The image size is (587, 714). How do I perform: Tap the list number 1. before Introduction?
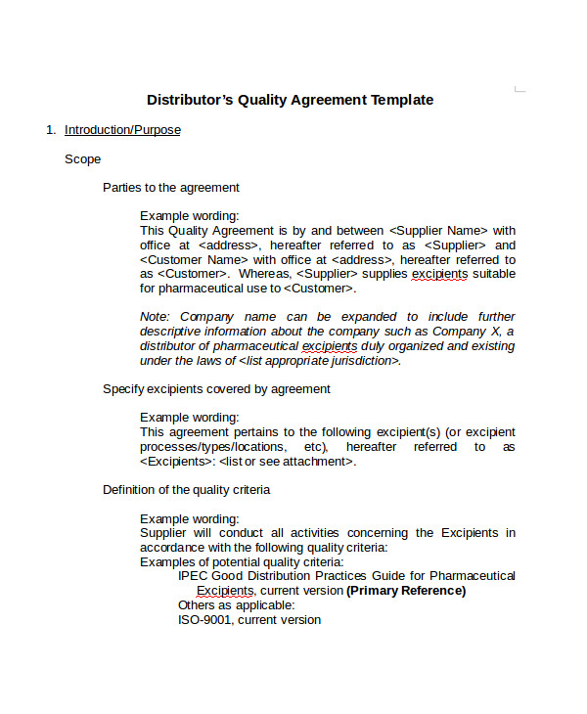[x=51, y=130]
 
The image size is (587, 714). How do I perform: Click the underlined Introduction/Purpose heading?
[x=122, y=130]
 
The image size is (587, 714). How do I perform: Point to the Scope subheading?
[x=82, y=158]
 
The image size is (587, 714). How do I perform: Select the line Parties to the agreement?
[x=171, y=188]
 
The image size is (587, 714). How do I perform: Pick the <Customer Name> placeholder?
[x=194, y=260]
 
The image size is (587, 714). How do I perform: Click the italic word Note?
[x=155, y=317]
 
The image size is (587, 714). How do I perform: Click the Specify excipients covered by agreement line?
[x=216, y=389]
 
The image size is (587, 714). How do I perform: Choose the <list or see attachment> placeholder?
[x=286, y=462]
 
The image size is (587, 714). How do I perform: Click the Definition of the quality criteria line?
[x=186, y=490]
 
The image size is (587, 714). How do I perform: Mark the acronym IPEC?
[x=194, y=576]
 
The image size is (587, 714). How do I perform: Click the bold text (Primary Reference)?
[x=406, y=591]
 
